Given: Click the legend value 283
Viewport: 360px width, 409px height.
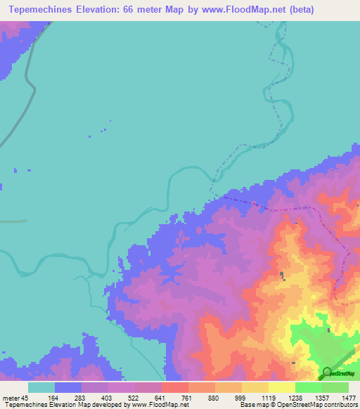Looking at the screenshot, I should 83,398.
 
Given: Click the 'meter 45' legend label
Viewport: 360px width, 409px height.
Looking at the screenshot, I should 15,398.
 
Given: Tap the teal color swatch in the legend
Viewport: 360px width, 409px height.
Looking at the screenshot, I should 41,387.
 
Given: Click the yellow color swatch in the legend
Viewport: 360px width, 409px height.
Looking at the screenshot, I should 281,387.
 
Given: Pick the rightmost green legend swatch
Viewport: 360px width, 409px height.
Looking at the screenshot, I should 335,387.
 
